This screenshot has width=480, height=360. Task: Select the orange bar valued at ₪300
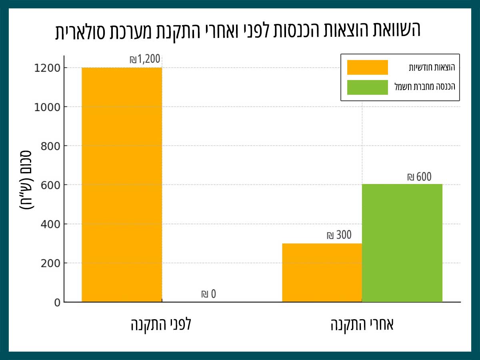(322, 272)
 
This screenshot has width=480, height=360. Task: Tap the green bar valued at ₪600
(402, 243)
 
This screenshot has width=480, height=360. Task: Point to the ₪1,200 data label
(145, 60)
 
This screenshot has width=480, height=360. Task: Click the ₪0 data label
(208, 294)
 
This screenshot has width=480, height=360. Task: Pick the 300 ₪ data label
(339, 235)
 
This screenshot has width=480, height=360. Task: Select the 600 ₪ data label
(419, 177)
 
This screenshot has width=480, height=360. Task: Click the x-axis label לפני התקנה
(161, 324)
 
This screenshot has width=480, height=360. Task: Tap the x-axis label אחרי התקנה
(362, 324)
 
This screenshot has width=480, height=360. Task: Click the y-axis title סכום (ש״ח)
(27, 180)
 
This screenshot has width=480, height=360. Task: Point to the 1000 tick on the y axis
(50, 107)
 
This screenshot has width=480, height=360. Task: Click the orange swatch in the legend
(367, 67)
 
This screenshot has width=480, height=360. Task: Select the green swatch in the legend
(367, 87)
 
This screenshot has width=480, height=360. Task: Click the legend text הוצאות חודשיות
(432, 67)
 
